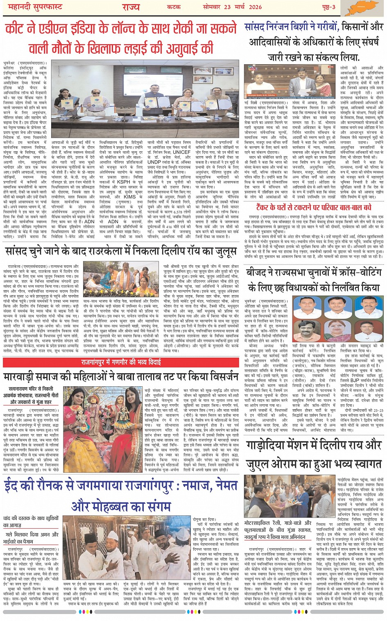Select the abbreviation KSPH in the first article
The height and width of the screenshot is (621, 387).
click(123, 182)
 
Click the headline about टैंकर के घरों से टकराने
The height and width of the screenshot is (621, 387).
click(314, 207)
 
